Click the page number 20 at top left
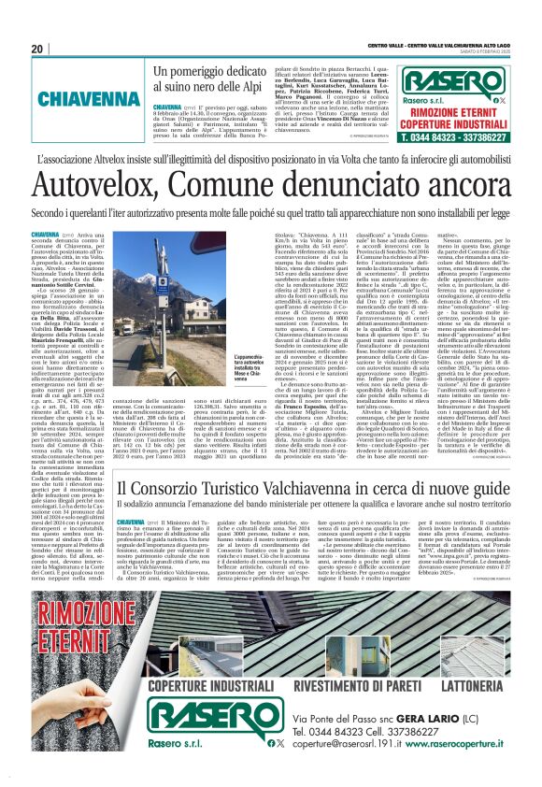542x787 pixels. coord(36,49)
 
